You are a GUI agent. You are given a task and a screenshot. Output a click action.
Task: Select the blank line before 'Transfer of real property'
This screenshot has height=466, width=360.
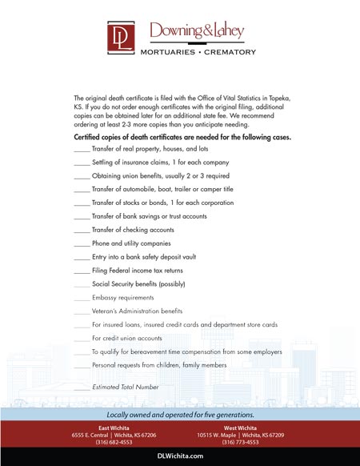[x=81, y=150]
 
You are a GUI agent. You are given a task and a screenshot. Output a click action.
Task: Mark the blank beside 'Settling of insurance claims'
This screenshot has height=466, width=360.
[x=81, y=163]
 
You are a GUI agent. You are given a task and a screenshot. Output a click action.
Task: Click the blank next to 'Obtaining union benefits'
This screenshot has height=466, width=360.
[x=81, y=176]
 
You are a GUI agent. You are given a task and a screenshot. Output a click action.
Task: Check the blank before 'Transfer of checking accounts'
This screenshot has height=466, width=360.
[x=81, y=230]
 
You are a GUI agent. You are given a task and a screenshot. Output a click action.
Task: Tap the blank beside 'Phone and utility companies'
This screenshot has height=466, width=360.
[x=81, y=243]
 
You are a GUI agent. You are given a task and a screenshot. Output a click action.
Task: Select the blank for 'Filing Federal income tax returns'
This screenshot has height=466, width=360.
[x=81, y=271]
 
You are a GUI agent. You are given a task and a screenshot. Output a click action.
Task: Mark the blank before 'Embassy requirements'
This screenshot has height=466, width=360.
[x=81, y=298]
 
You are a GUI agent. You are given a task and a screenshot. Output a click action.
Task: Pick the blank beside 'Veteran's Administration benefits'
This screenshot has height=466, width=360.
[x=81, y=311]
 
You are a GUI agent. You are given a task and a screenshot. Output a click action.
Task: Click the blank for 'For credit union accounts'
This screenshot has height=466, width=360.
[x=81, y=338]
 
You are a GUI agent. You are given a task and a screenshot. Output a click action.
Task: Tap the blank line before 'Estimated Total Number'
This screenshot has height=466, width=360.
[x=81, y=388]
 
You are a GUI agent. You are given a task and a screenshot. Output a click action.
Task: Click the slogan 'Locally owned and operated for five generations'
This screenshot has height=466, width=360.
[x=180, y=415]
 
